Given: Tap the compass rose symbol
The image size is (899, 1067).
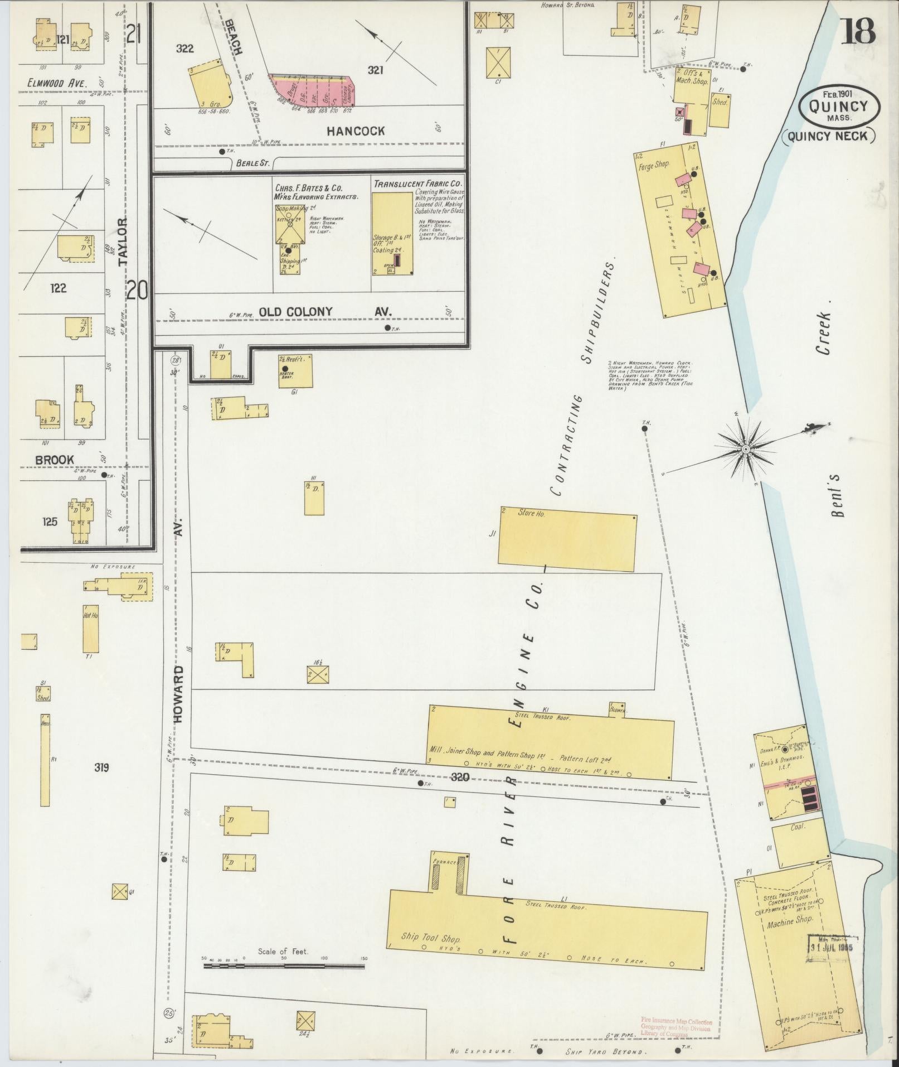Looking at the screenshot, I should pyautogui.click(x=745, y=449).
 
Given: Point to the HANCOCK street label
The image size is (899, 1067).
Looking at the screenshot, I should pyautogui.click(x=356, y=131).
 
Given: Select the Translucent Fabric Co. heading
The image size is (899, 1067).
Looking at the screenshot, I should pyautogui.click(x=417, y=183).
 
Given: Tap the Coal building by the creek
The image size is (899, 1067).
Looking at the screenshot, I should pyautogui.click(x=798, y=827).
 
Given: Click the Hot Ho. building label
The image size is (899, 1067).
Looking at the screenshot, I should pyautogui.click(x=91, y=615).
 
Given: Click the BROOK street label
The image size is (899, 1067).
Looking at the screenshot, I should pyautogui.click(x=54, y=460).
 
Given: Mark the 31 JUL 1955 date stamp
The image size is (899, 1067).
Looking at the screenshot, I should pyautogui.click(x=833, y=947).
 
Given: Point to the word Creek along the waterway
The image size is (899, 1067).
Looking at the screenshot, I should pyautogui.click(x=824, y=333).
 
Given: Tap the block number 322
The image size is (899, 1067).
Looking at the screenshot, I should pyautogui.click(x=184, y=49).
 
